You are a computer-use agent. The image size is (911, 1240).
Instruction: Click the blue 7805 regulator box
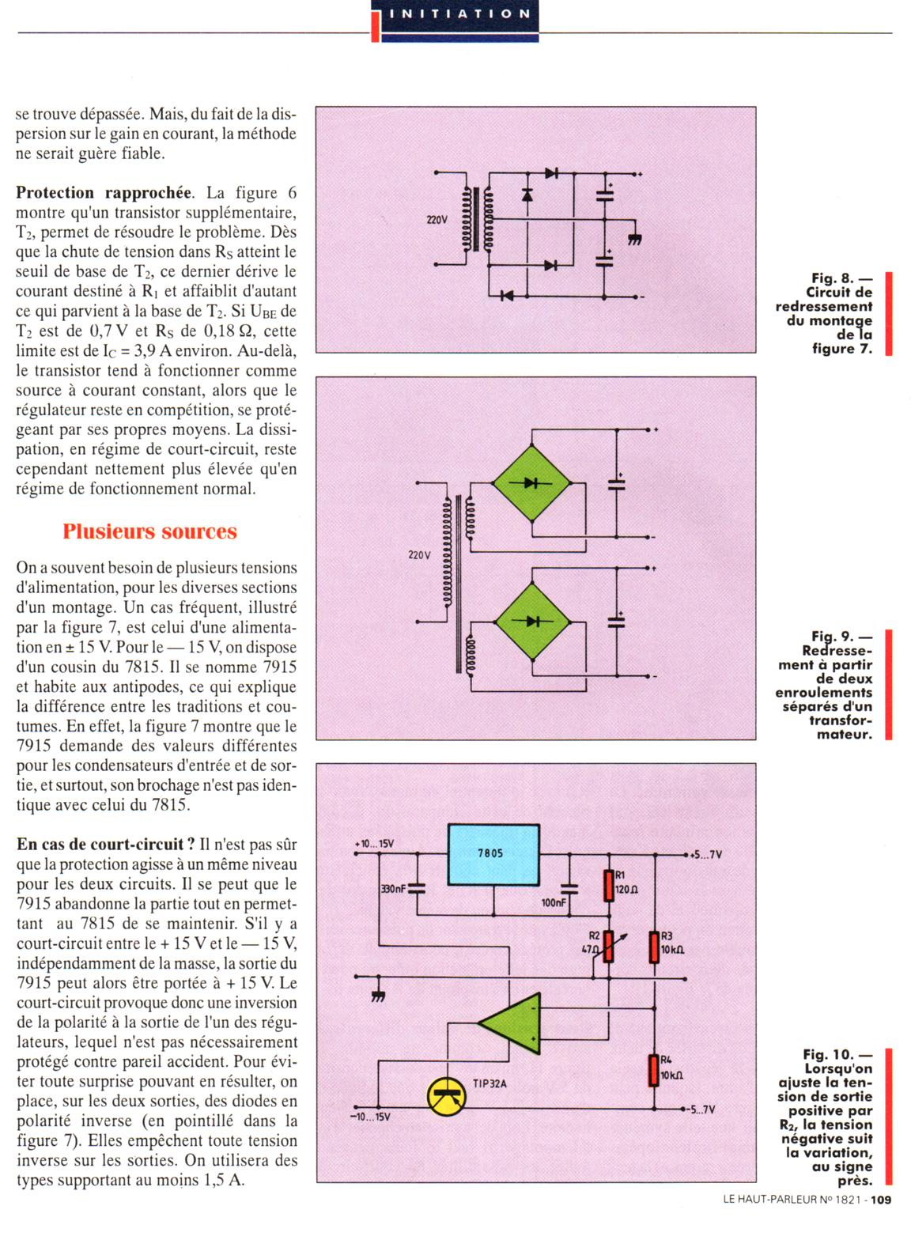click(x=493, y=854)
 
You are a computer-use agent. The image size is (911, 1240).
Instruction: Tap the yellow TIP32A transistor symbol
click(x=447, y=1095)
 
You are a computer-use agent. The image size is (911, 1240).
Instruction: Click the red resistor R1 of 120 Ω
click(x=608, y=886)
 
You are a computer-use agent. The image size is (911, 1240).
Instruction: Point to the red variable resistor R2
click(x=608, y=945)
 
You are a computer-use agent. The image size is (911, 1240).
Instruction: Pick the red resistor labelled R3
click(x=654, y=947)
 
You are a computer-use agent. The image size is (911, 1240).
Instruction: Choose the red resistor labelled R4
click(x=654, y=1070)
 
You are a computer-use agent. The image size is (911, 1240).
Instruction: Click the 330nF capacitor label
click(x=393, y=889)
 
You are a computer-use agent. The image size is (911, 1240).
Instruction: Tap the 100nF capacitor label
click(x=554, y=902)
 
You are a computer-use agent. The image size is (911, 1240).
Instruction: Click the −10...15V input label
click(x=369, y=1117)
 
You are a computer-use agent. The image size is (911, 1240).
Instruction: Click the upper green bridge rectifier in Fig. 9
click(x=531, y=482)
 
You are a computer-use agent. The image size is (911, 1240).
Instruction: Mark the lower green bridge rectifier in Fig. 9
click(x=531, y=621)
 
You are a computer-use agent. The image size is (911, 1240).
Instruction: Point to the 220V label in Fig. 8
click(x=437, y=220)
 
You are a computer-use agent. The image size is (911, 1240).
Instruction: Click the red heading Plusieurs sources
click(x=149, y=531)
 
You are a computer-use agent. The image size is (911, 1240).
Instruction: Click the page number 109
click(x=881, y=1200)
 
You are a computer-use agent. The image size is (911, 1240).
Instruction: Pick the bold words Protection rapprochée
click(x=104, y=193)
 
